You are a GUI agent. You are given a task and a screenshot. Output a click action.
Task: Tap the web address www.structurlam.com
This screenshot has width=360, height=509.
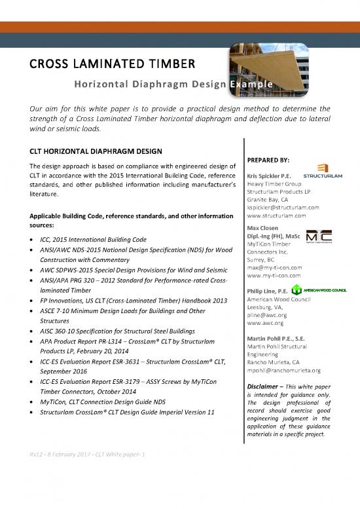[x=278, y=216]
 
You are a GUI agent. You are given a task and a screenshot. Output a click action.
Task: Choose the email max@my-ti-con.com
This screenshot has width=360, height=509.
[x=275, y=267]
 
